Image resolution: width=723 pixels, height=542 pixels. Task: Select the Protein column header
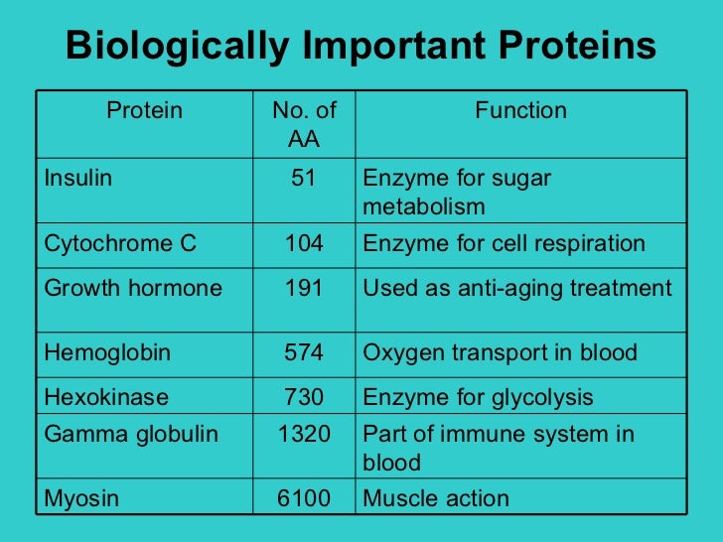(145, 110)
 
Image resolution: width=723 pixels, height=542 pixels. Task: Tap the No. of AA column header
(304, 124)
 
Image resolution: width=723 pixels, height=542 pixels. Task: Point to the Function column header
(520, 110)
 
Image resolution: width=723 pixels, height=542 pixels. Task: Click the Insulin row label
(78, 179)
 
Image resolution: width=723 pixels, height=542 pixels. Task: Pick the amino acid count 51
(304, 179)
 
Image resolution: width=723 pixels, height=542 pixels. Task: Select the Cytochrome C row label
(119, 243)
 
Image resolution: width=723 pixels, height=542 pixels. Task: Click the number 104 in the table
(304, 243)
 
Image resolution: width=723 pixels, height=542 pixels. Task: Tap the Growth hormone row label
(132, 289)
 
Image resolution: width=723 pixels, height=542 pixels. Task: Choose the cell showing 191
(304, 289)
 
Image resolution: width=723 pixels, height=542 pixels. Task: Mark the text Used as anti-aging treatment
(517, 289)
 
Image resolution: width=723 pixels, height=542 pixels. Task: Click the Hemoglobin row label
(107, 352)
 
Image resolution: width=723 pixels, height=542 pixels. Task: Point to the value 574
(304, 352)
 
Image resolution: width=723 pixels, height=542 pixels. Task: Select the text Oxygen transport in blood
(501, 352)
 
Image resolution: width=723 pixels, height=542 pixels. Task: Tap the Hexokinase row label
(106, 398)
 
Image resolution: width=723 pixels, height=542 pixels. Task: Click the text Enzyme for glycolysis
(478, 398)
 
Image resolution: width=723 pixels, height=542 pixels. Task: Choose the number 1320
(304, 434)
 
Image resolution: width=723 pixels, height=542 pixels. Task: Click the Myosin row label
(81, 498)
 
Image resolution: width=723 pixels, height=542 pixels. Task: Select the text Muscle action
(436, 498)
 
